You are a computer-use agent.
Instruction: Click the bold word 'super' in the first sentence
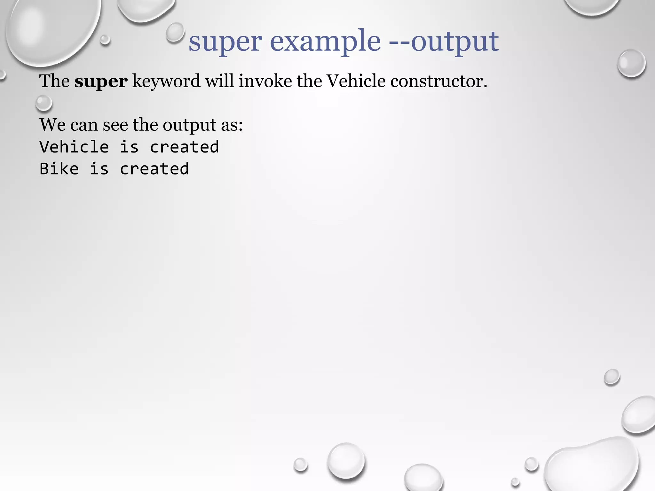[101, 81]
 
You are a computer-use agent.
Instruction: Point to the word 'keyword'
[166, 81]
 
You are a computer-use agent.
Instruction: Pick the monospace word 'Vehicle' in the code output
[74, 147]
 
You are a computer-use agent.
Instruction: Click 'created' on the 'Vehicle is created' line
[184, 147]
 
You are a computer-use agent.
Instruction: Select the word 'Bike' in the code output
[59, 169]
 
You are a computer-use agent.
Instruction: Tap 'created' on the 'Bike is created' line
[154, 169]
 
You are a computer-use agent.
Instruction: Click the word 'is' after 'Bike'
[99, 169]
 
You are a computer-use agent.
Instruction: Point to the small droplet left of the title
[175, 32]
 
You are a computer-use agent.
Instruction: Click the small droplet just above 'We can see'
[43, 103]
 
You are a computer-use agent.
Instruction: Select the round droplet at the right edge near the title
[631, 63]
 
